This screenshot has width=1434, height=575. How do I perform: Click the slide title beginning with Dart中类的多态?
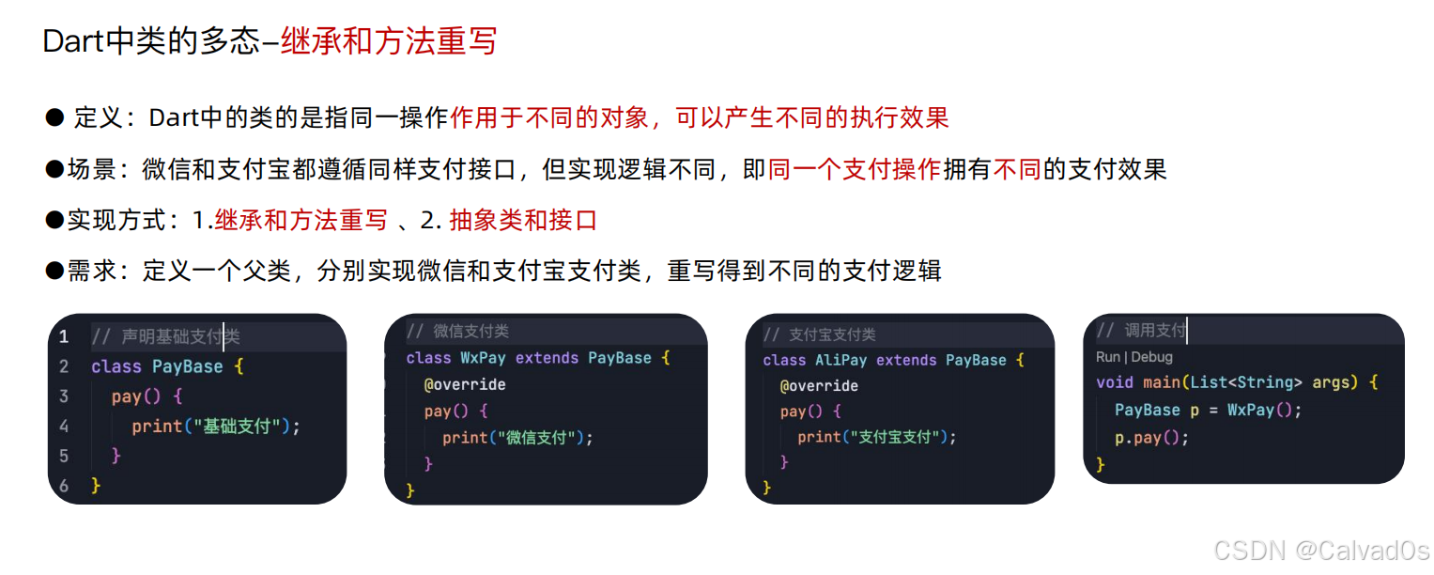point(270,41)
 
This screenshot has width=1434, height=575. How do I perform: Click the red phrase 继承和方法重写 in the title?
point(388,41)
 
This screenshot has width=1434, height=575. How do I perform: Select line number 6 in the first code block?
point(64,486)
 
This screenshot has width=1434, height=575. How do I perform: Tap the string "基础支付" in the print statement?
point(239,427)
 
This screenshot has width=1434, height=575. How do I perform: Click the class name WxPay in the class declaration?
point(483,358)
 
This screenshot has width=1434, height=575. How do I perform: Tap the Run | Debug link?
point(1133,357)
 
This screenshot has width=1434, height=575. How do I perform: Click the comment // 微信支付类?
point(457,332)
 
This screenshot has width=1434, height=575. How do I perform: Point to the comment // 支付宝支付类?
point(819,334)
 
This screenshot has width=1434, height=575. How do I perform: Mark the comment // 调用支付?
point(1141,331)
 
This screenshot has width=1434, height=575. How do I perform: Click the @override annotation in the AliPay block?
point(819,386)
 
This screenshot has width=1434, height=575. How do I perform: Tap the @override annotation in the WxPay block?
point(465,384)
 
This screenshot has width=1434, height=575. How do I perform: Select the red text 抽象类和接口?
point(523,221)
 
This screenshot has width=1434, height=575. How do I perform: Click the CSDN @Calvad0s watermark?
point(1320,552)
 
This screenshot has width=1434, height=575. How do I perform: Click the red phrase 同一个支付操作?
point(854,169)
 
